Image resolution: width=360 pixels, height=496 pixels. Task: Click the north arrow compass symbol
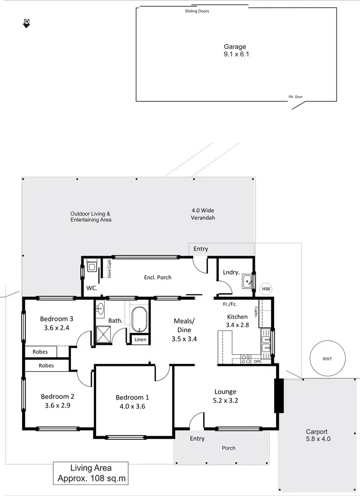point(26,24)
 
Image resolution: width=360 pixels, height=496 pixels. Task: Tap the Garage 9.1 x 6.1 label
point(235,50)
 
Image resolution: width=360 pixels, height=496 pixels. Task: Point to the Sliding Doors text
point(197,11)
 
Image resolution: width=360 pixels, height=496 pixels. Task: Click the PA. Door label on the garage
point(295,97)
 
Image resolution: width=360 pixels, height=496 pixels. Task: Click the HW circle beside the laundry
point(266,289)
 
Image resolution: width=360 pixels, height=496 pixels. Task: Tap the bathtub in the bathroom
point(139,320)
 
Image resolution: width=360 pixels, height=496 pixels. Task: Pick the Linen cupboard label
point(140,339)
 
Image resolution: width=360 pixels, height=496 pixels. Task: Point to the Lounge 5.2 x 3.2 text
point(226,396)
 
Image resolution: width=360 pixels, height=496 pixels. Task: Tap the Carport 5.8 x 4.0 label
point(318,435)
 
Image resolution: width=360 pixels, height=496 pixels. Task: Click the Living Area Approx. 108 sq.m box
point(91,472)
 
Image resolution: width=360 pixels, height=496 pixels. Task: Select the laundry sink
point(248,281)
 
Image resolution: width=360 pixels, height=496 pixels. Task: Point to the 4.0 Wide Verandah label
point(203,214)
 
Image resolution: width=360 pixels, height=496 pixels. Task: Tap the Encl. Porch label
point(157,278)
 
